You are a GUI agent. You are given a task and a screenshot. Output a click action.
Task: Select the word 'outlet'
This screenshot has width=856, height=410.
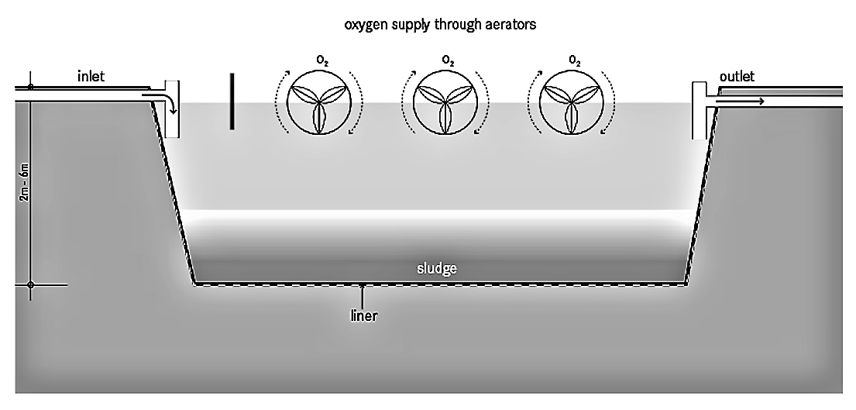click(x=737, y=77)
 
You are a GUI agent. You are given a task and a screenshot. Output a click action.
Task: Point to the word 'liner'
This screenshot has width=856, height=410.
click(x=363, y=315)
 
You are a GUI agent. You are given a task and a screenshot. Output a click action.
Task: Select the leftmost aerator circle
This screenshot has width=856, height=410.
click(x=318, y=102)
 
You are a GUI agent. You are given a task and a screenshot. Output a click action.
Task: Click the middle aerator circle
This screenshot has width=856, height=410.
click(x=444, y=102)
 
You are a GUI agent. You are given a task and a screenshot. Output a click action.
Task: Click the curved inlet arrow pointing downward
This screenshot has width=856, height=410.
click(x=168, y=102)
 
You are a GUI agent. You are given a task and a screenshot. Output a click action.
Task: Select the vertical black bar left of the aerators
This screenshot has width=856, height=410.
click(x=231, y=101)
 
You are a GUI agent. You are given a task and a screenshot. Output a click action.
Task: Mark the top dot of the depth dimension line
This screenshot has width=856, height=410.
click(x=30, y=87)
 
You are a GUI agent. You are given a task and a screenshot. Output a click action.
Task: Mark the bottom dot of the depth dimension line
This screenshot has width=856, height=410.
click(x=30, y=285)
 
